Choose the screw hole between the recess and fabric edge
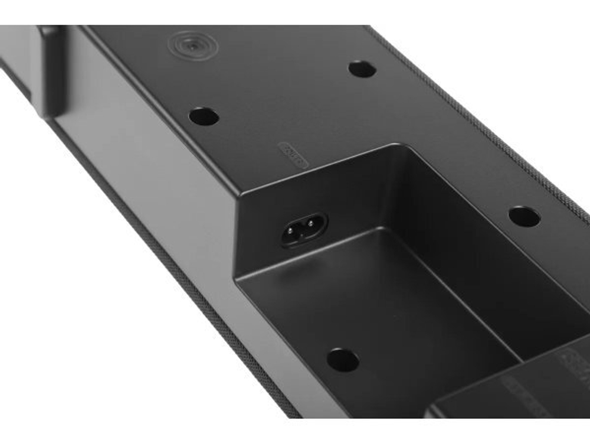coord(524,216)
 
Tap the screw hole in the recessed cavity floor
coord(343,359)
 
